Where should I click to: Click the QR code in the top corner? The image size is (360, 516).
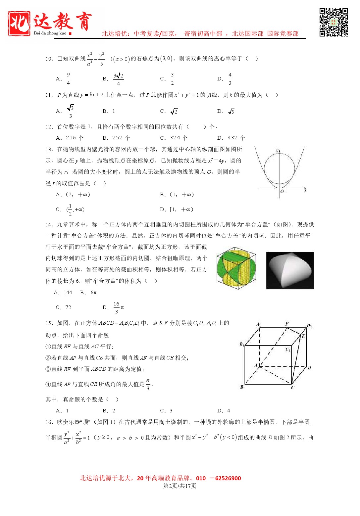(x=334, y=23)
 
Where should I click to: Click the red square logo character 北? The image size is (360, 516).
(x=19, y=23)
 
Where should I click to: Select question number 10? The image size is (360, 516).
(x=49, y=59)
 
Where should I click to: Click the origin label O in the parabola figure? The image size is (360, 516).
(x=282, y=192)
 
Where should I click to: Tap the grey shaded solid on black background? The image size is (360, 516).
(x=290, y=270)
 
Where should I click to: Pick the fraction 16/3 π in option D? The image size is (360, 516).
(x=118, y=307)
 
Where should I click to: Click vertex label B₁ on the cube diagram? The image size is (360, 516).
(x=242, y=344)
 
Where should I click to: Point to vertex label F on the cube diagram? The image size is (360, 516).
(x=287, y=324)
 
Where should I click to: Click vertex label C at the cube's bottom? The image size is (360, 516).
(x=292, y=388)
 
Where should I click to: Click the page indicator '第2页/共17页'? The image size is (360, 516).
(x=180, y=486)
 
